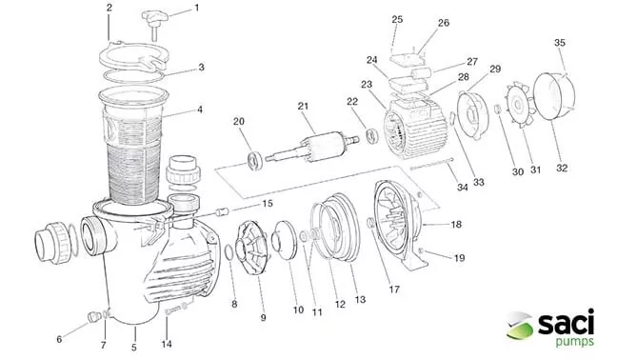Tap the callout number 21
[x=303, y=107]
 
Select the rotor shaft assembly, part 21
[x=312, y=148]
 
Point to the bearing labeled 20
[x=254, y=161]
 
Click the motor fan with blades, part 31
[x=520, y=105]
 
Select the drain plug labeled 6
[x=93, y=317]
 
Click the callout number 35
[x=560, y=43]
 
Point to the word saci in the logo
[x=566, y=324]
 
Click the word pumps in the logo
[x=574, y=341]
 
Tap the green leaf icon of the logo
[x=519, y=326]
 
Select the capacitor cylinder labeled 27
[x=421, y=74]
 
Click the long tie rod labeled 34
[x=432, y=164]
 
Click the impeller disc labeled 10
[x=286, y=240]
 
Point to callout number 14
[x=167, y=344]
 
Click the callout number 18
[x=456, y=224]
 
